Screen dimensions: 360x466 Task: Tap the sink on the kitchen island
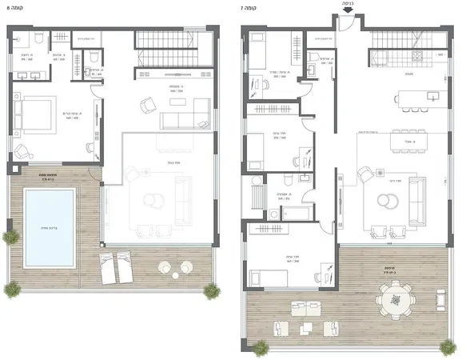pos(432,96)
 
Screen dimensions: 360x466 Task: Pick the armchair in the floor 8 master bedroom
pos(23,149)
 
